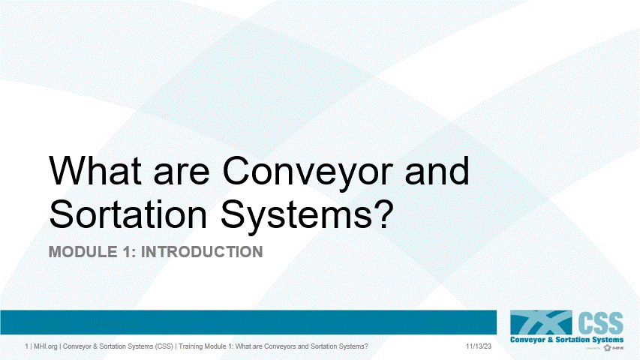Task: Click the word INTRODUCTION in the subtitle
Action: click(203, 252)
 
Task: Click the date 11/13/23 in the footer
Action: click(478, 347)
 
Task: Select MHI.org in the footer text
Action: click(45, 347)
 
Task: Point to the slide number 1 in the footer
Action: click(26, 347)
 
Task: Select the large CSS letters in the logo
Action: click(600, 323)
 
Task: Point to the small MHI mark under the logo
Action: click(614, 349)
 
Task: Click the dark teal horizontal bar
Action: click(248, 322)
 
